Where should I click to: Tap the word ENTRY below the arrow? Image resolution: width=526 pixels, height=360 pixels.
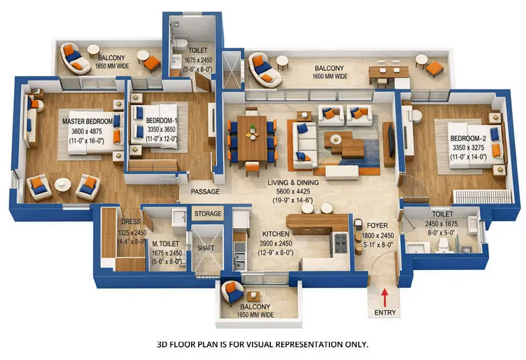tap(385, 312)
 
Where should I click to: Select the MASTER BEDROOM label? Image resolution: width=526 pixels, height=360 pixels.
tap(87, 121)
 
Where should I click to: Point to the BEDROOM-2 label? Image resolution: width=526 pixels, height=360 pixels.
tap(468, 138)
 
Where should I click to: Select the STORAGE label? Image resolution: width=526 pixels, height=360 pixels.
tap(208, 214)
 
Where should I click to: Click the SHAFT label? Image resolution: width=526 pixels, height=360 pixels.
tap(205, 249)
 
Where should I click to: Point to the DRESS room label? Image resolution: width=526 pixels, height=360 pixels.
tap(131, 222)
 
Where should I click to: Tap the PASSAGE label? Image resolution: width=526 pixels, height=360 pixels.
tap(205, 192)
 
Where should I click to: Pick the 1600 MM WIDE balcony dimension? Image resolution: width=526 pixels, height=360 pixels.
tap(330, 76)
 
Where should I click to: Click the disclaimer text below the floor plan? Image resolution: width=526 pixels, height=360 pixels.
tap(262, 344)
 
